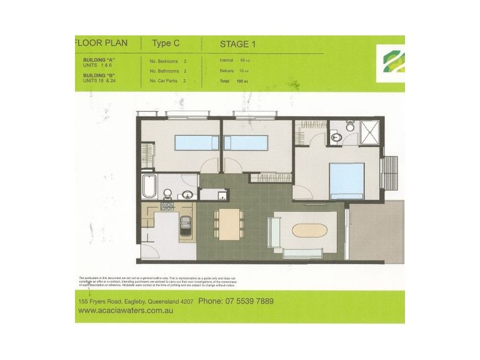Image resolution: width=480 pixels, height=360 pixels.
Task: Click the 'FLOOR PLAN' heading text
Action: (99, 44)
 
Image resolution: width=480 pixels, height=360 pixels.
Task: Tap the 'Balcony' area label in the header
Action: (227, 70)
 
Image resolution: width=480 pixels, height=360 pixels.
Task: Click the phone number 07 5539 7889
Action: (236, 301)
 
